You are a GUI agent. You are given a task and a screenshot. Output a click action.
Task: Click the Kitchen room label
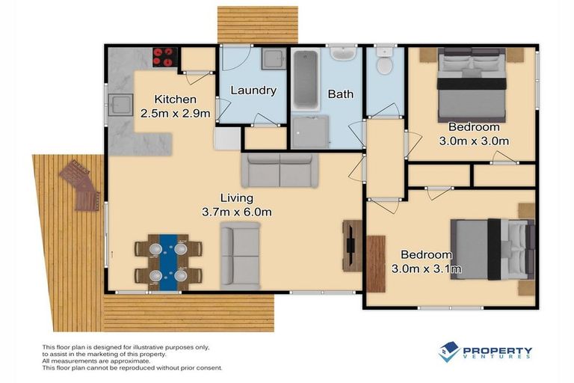click(x=175, y=99)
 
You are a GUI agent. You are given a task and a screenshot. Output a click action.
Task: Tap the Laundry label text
click(x=253, y=91)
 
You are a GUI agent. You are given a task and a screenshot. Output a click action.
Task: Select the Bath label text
click(x=340, y=94)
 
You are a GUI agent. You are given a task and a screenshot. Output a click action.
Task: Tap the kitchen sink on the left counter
click(x=120, y=105)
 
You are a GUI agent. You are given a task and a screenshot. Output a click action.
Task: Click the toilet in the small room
click(x=384, y=63)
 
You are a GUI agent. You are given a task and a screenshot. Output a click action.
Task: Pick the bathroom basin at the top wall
click(x=343, y=54)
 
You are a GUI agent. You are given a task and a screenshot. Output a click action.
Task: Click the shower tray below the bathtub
click(x=309, y=131)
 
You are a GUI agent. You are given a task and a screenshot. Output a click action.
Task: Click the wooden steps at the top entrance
click(x=258, y=25)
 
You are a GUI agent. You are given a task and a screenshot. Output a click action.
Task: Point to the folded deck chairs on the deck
click(x=81, y=185)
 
